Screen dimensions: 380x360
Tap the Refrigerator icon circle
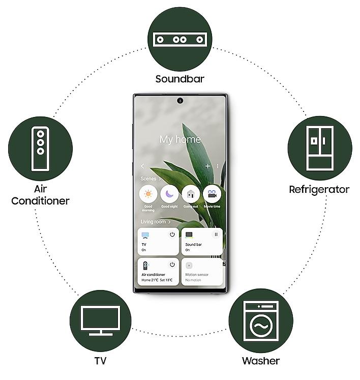(x=319, y=148)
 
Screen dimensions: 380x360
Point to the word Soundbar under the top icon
(x=179, y=79)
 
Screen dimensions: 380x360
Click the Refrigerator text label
(x=319, y=190)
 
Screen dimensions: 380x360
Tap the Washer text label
(x=260, y=361)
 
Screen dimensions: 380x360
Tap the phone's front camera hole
(x=180, y=100)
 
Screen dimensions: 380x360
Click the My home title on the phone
(x=180, y=139)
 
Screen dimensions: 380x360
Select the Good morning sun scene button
(x=148, y=194)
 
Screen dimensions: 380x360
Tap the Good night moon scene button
(x=169, y=194)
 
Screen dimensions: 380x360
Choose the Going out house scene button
(x=191, y=194)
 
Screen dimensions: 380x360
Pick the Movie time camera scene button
(x=212, y=194)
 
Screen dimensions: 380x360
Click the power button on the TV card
(x=172, y=235)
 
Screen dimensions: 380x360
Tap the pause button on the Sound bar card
(x=216, y=235)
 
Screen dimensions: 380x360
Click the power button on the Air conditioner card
(x=172, y=265)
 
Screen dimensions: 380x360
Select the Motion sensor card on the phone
(x=202, y=272)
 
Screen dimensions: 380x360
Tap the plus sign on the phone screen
(x=207, y=166)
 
